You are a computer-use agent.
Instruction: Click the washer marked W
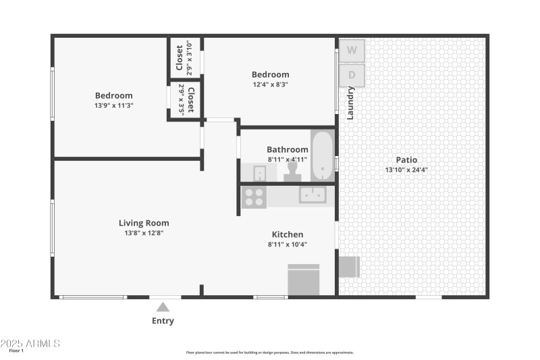tap(352, 50)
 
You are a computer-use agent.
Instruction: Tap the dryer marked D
tap(352, 75)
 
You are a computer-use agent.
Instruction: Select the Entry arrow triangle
tap(163, 307)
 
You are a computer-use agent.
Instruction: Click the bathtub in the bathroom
tap(322, 155)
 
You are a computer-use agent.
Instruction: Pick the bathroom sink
tap(260, 174)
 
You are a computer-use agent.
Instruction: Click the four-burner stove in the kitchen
tap(254, 197)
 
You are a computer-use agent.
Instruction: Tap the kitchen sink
tap(313, 195)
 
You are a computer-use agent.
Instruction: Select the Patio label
tap(406, 160)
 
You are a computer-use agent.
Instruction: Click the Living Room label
tap(144, 223)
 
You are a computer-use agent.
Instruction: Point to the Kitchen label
tap(288, 234)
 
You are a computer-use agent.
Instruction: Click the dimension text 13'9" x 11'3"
tap(114, 105)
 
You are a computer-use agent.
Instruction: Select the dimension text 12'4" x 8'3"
tap(270, 84)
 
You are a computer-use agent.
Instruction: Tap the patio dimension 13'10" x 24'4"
tap(406, 170)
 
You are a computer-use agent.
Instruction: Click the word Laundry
tap(350, 103)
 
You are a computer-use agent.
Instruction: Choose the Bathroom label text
tap(288, 149)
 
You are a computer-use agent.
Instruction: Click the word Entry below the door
tap(163, 321)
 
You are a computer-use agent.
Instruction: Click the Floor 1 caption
tap(16, 351)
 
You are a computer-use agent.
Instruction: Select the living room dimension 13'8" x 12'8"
tap(144, 233)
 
